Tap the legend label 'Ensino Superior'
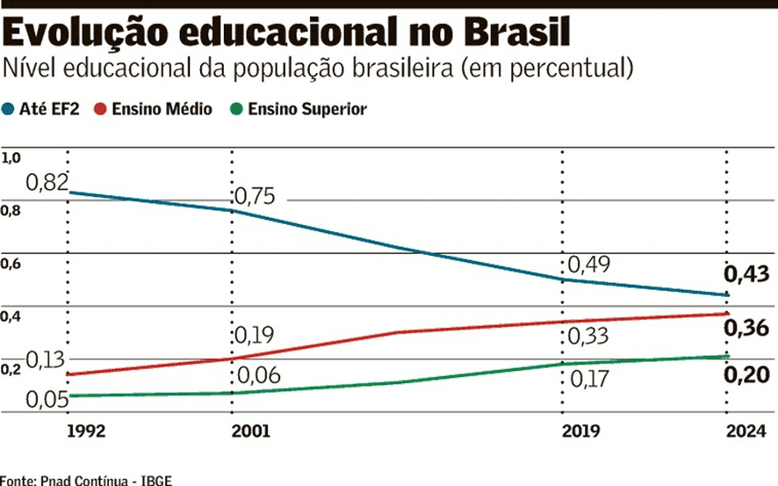point(306,110)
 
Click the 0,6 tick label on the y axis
point(11,264)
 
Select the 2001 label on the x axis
point(251,432)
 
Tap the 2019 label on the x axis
point(580,432)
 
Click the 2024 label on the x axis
point(745,432)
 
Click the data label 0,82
point(47,183)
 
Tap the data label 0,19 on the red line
point(255,336)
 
